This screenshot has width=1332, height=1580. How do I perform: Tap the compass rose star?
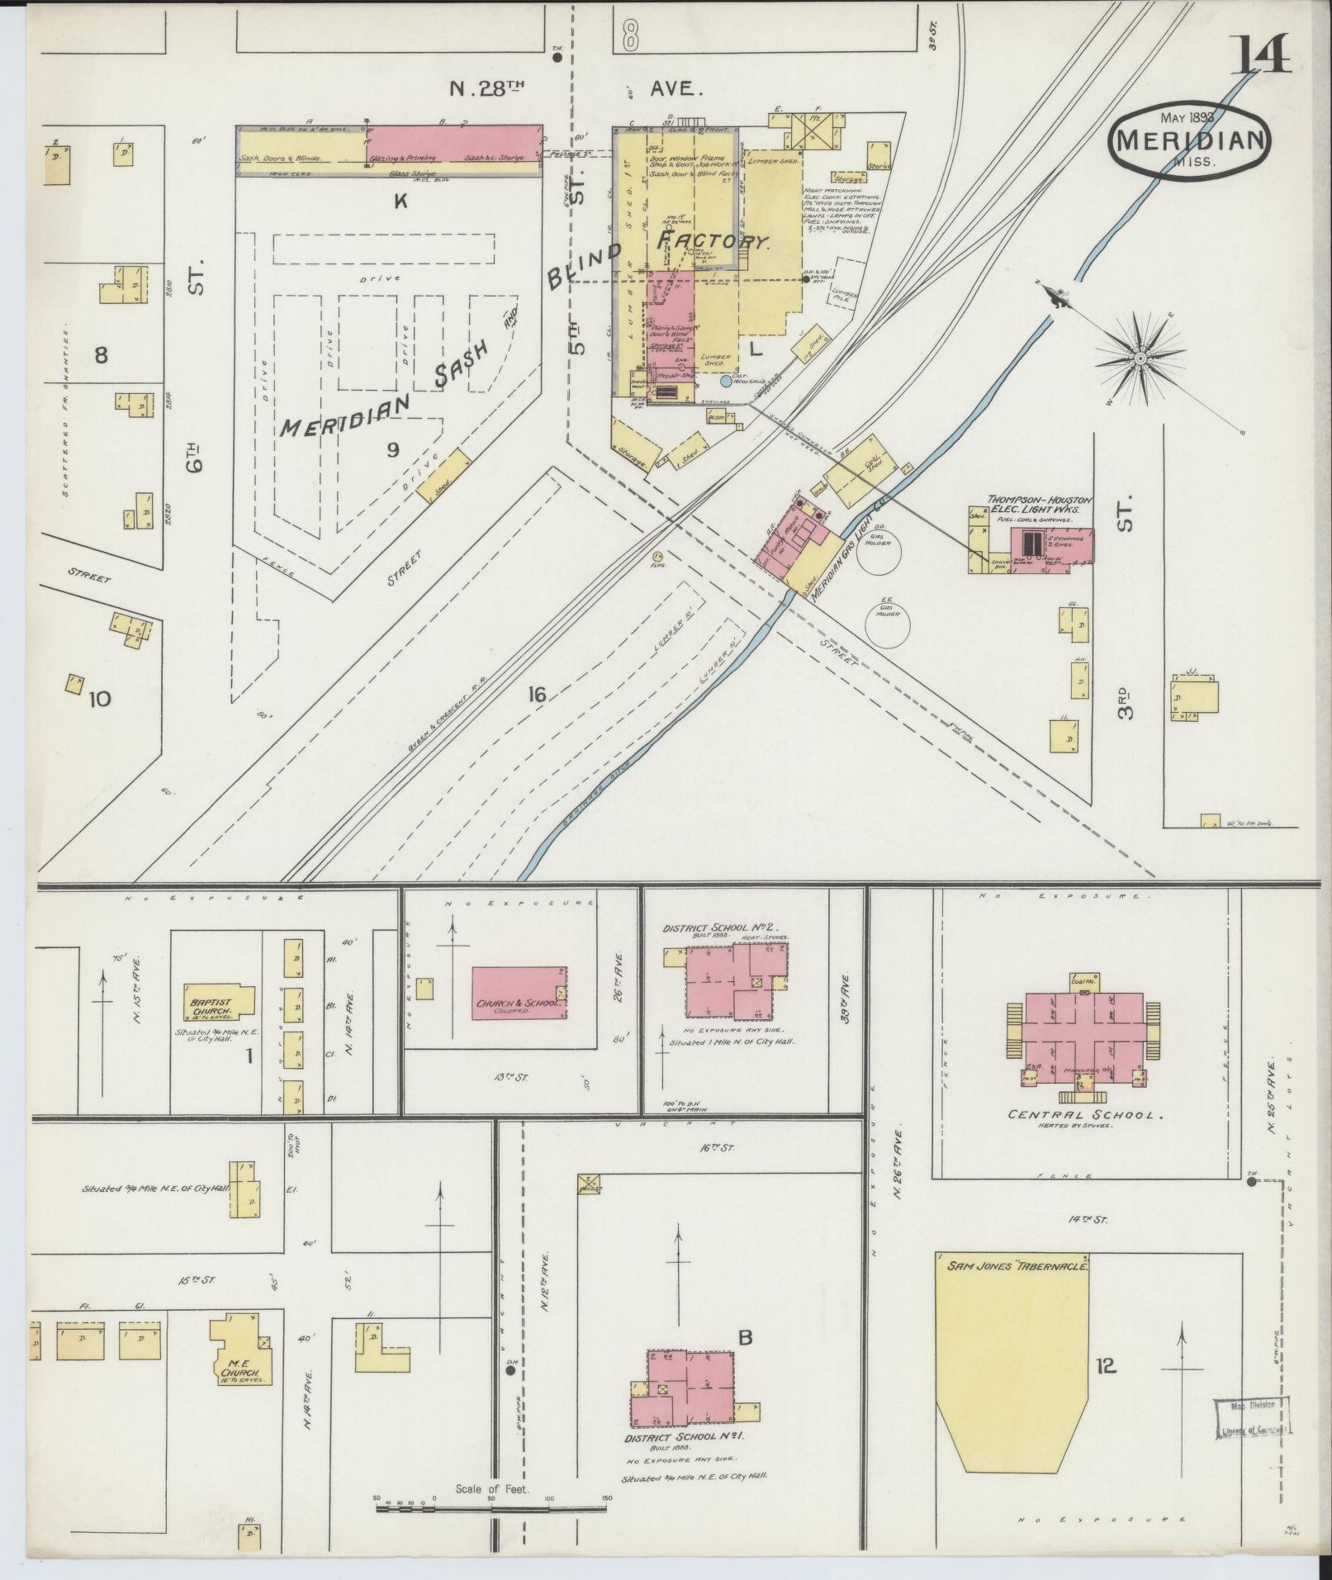pos(1140,358)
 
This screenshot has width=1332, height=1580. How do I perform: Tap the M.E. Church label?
pos(239,1372)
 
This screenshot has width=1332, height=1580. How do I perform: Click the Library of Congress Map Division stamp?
pos(1250,1419)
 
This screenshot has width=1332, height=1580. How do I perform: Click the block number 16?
pos(537,695)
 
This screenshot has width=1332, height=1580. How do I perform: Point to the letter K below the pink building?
pos(401,199)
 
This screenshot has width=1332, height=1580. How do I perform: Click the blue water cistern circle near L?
pos(725,381)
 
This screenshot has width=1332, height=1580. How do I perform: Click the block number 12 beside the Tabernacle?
pos(1105,1366)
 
